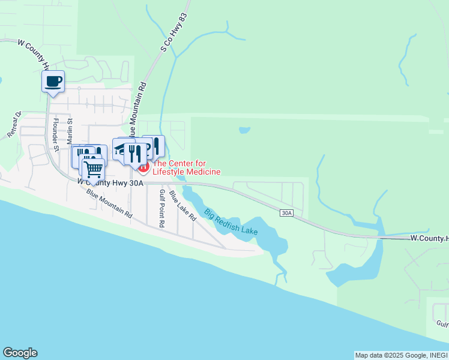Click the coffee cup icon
click(x=53, y=81)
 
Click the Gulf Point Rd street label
click(x=161, y=209)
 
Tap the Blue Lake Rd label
click(x=182, y=206)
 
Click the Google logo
click(x=20, y=353)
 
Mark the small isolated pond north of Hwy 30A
click(x=244, y=130)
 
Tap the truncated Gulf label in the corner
click(x=442, y=325)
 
